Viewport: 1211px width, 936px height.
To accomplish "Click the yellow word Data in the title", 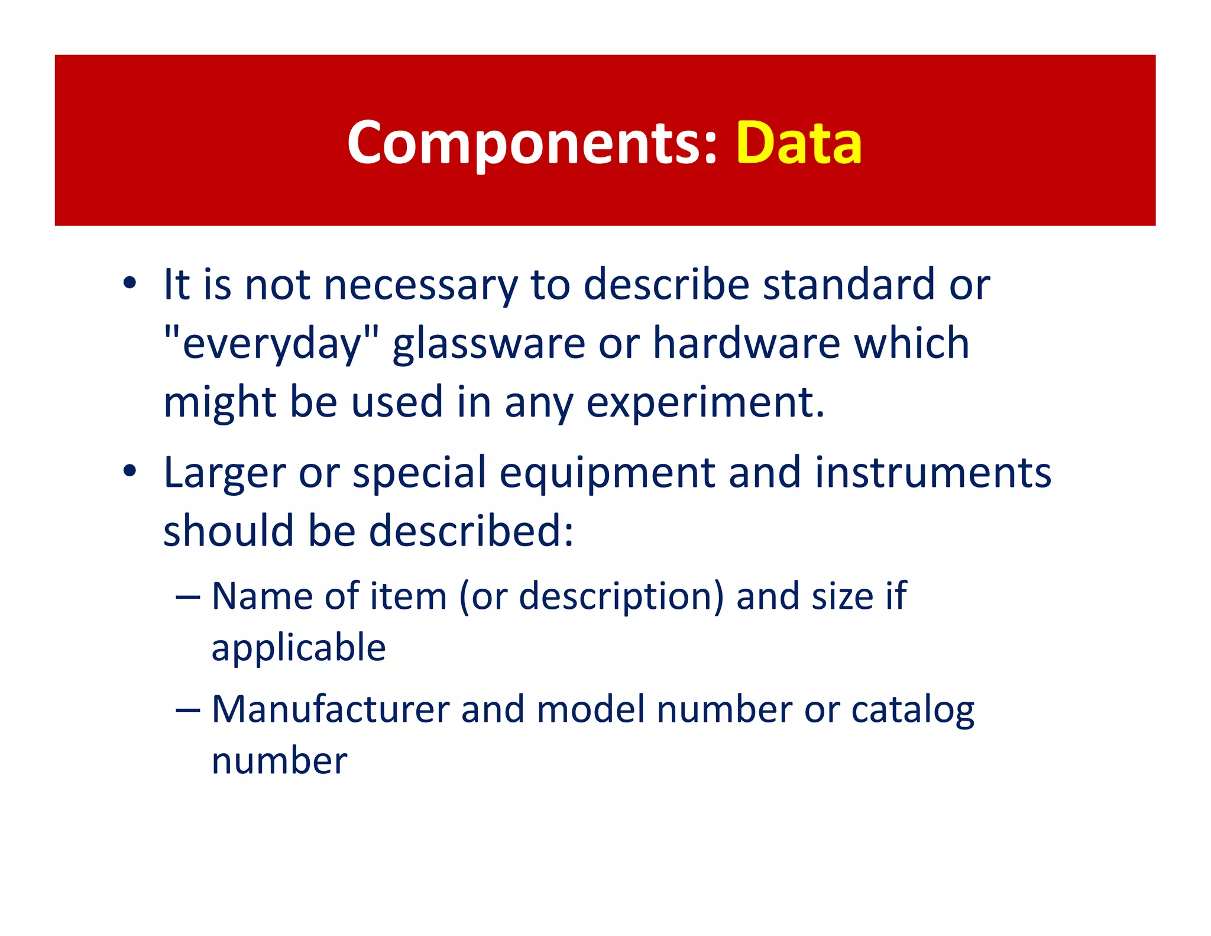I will tap(799, 143).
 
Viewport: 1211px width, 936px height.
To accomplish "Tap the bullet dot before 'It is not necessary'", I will tap(130, 283).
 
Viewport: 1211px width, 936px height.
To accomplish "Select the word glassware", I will tap(488, 345).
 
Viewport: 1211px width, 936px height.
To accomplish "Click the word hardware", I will tap(746, 343).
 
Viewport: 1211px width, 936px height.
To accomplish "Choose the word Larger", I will tap(224, 473).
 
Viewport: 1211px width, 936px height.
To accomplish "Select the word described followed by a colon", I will tap(471, 530).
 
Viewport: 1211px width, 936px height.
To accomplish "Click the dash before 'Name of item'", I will tap(188, 597).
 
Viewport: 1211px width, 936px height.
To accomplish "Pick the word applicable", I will tap(299, 648).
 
